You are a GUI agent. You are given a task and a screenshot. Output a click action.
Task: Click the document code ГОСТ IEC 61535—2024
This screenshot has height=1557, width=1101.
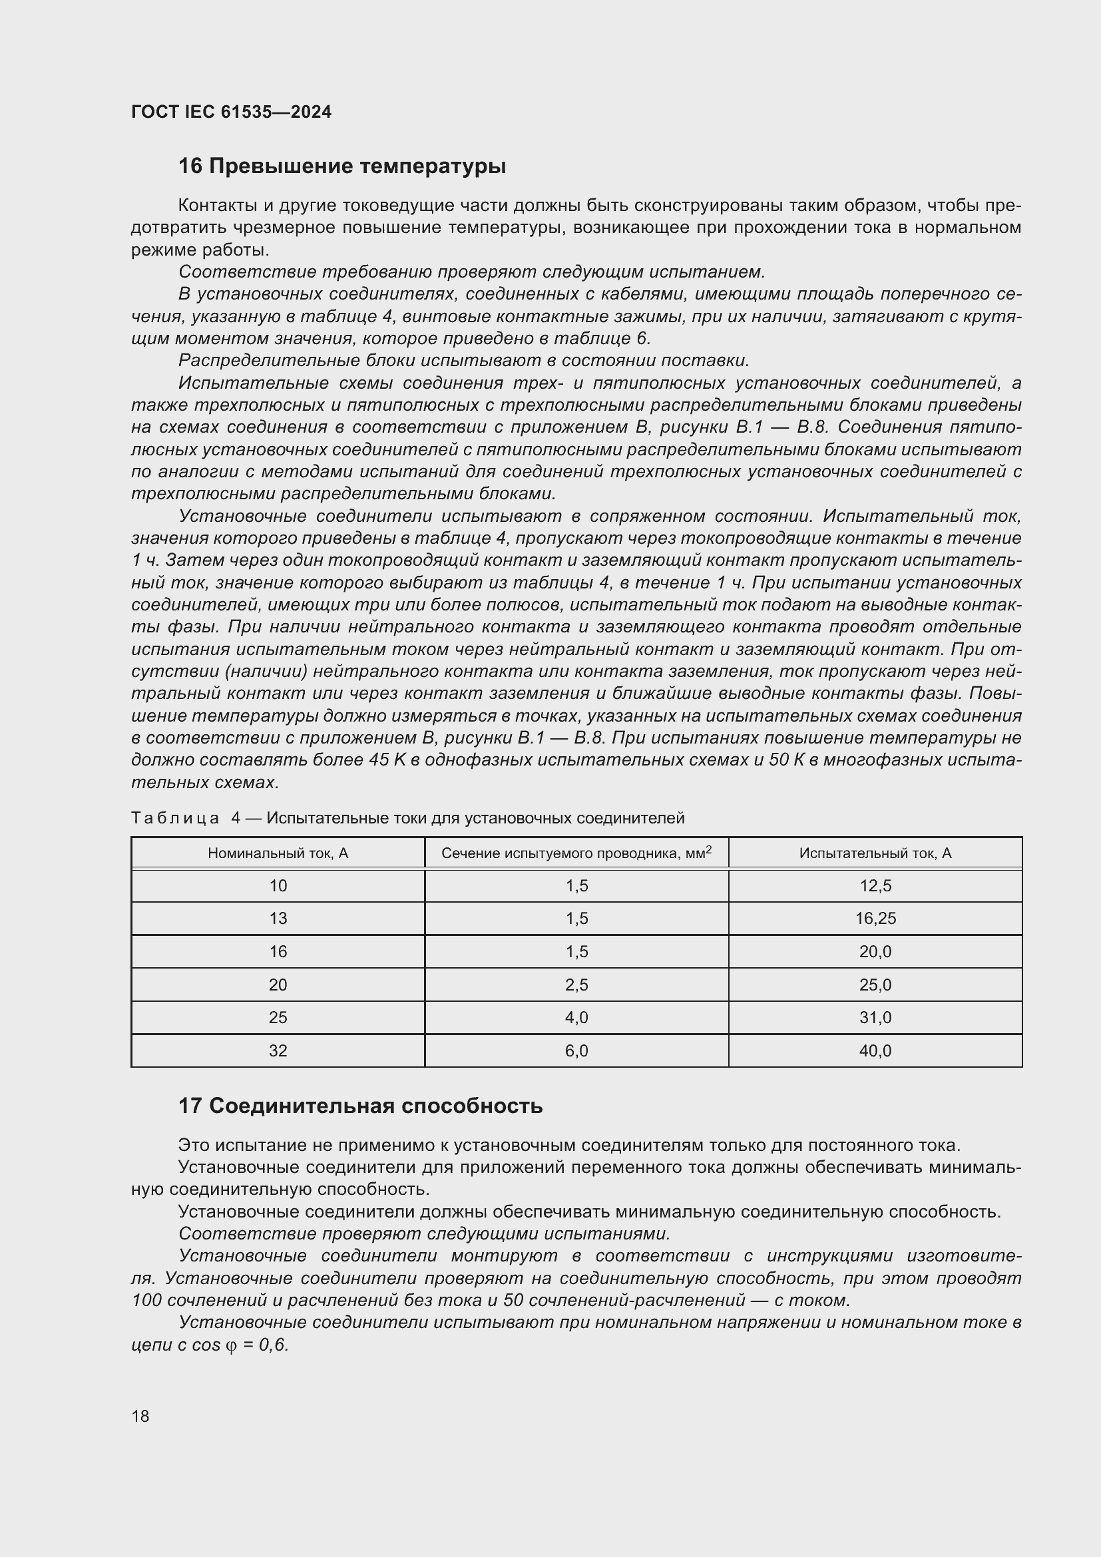click(231, 112)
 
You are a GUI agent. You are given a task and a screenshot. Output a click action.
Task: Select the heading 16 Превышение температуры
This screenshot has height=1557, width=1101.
click(341, 166)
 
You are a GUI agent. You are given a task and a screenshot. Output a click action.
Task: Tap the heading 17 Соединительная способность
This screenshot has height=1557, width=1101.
click(360, 1106)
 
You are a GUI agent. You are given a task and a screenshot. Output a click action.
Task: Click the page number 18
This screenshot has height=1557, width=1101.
click(140, 1416)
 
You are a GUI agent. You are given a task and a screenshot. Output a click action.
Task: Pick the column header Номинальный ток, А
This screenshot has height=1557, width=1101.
click(278, 853)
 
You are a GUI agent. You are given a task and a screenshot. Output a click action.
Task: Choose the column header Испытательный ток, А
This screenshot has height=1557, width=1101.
click(875, 853)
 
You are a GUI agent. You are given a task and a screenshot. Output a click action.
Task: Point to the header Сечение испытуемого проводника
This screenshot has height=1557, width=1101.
click(576, 853)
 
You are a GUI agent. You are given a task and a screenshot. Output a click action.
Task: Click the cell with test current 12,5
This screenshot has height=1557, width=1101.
click(875, 885)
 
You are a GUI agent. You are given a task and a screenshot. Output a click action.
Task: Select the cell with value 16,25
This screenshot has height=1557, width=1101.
click(875, 919)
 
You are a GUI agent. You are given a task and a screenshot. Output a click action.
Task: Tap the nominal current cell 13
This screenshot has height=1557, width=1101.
click(278, 919)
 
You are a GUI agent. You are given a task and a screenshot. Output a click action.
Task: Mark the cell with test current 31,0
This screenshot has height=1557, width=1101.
click(875, 1017)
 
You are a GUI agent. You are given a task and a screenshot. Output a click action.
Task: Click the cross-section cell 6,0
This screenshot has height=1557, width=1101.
click(576, 1050)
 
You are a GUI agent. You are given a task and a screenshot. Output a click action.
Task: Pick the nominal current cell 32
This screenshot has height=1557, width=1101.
click(278, 1050)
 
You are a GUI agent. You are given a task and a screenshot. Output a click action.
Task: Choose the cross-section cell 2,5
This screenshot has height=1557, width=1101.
click(576, 985)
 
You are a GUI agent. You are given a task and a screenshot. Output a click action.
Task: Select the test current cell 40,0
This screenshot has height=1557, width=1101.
click(875, 1050)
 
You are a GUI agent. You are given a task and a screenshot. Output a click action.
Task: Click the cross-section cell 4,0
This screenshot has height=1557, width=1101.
click(576, 1017)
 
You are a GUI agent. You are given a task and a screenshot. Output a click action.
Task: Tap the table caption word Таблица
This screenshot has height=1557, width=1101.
click(175, 818)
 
